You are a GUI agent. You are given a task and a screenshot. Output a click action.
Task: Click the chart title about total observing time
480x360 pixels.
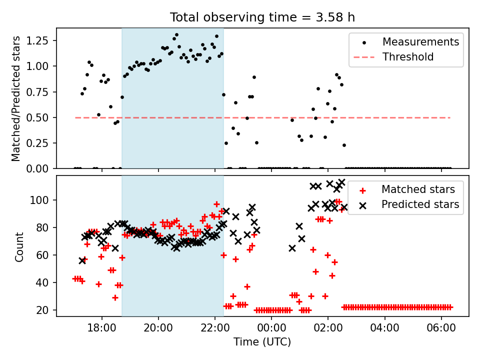click(x=262, y=17)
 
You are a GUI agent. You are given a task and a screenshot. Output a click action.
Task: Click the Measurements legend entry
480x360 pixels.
click(x=420, y=42)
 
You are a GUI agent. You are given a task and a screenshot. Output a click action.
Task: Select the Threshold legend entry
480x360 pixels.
click(x=408, y=57)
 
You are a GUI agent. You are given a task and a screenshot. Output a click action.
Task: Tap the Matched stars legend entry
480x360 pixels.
click(x=418, y=189)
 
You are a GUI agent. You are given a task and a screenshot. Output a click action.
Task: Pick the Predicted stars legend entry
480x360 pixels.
click(x=420, y=204)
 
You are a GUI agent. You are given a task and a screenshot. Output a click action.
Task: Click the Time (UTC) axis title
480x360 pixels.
click(x=262, y=342)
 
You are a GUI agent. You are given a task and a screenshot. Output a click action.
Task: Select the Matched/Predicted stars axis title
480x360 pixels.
click(x=16, y=98)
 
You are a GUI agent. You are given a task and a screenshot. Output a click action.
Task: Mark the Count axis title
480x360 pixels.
click(x=19, y=247)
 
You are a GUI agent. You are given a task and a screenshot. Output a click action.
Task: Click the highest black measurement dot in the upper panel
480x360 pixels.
click(x=176, y=35)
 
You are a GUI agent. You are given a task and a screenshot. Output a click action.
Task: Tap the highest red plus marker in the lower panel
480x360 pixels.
click(x=216, y=204)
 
